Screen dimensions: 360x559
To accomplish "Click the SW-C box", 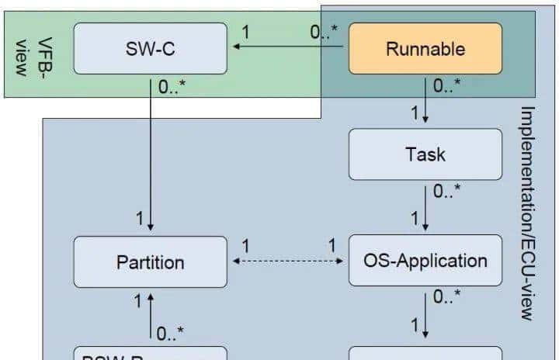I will pyautogui.click(x=150, y=48).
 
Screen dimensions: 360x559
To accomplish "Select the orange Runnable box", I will pyautogui.click(x=425, y=48).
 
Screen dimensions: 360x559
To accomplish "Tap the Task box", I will pyautogui.click(x=425, y=154).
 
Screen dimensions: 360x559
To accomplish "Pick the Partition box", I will pyautogui.click(x=150, y=262).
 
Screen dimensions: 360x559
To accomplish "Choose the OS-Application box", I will pyautogui.click(x=425, y=260).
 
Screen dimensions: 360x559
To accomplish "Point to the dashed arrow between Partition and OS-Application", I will pyautogui.click(x=289, y=262).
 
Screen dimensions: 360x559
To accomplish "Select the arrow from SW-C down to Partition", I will pyautogui.click(x=150, y=155).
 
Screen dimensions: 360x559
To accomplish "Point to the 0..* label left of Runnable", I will pyautogui.click(x=324, y=33).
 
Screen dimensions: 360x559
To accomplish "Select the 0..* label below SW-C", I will pyautogui.click(x=172, y=88).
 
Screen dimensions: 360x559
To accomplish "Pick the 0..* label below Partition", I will pyautogui.click(x=170, y=334).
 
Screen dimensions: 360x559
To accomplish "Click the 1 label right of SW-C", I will pyautogui.click(x=246, y=33).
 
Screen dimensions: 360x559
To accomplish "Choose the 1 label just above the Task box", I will pyautogui.click(x=415, y=114).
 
